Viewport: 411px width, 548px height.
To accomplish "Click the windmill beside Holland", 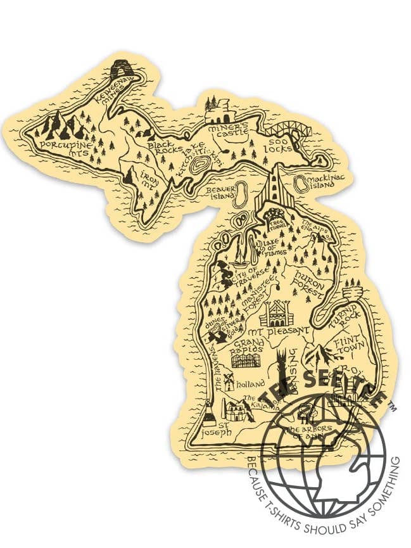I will (x=229, y=379).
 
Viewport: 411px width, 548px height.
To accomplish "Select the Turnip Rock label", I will (x=345, y=320).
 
